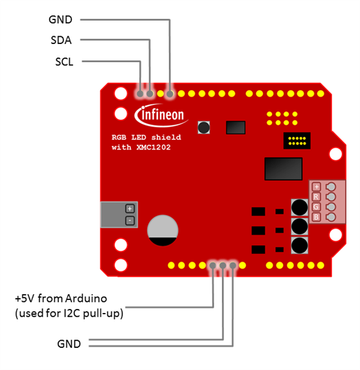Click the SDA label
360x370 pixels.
click(x=61, y=40)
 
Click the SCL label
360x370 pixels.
click(x=64, y=62)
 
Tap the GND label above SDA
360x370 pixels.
click(x=60, y=19)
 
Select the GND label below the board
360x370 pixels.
click(x=69, y=344)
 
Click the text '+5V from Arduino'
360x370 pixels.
click(x=61, y=299)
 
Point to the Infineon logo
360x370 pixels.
click(x=161, y=115)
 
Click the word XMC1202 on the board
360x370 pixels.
click(x=153, y=148)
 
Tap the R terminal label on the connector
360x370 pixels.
click(x=316, y=197)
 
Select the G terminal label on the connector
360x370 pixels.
click(x=316, y=207)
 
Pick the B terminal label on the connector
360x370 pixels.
click(x=316, y=217)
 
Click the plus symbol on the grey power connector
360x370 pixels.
click(x=129, y=209)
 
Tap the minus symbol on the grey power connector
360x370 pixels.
click(x=129, y=220)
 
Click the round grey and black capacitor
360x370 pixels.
click(x=163, y=230)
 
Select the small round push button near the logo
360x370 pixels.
click(x=204, y=128)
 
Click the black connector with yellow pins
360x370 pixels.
click(x=297, y=141)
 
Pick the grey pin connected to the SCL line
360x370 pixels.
click(x=140, y=94)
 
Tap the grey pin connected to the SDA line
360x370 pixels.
click(x=150, y=94)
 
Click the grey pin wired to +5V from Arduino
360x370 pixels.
click(x=212, y=266)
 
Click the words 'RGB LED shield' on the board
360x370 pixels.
click(x=146, y=137)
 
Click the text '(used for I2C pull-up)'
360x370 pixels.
click(x=69, y=314)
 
